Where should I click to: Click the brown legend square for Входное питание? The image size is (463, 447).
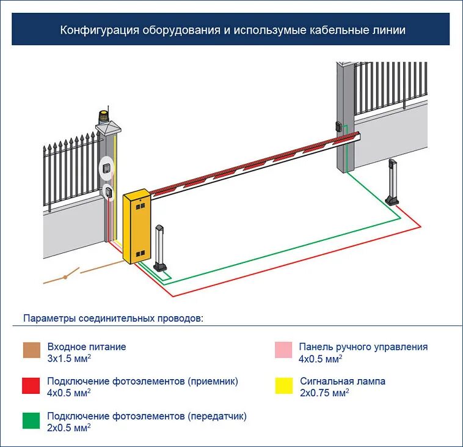31,350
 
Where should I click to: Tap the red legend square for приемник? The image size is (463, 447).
31,385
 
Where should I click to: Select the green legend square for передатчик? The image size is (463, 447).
31,420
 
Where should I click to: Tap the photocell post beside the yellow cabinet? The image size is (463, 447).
161,248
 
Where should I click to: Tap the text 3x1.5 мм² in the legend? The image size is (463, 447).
69,358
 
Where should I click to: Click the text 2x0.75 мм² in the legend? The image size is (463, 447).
324,392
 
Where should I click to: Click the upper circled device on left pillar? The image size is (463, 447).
107,167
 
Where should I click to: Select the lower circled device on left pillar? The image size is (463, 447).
108,192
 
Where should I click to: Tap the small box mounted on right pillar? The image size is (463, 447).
338,127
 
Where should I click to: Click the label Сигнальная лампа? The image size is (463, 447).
342,381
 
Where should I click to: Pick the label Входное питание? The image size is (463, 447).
87,347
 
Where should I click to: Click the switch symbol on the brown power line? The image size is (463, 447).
67,276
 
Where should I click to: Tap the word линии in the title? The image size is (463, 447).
388,29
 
